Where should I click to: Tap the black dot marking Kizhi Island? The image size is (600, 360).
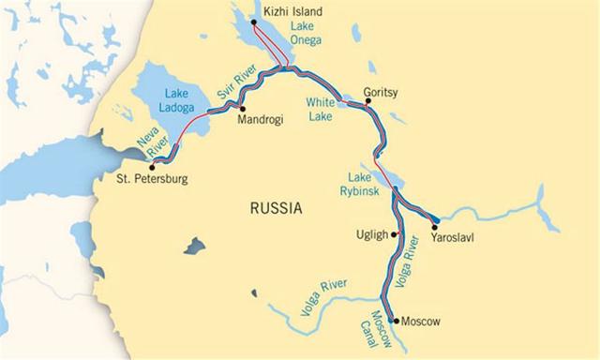[x=253, y=22]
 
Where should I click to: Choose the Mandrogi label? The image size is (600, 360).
[x=260, y=120]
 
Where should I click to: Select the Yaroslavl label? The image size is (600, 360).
[x=452, y=238]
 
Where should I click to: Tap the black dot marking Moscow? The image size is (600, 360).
[x=393, y=322]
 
